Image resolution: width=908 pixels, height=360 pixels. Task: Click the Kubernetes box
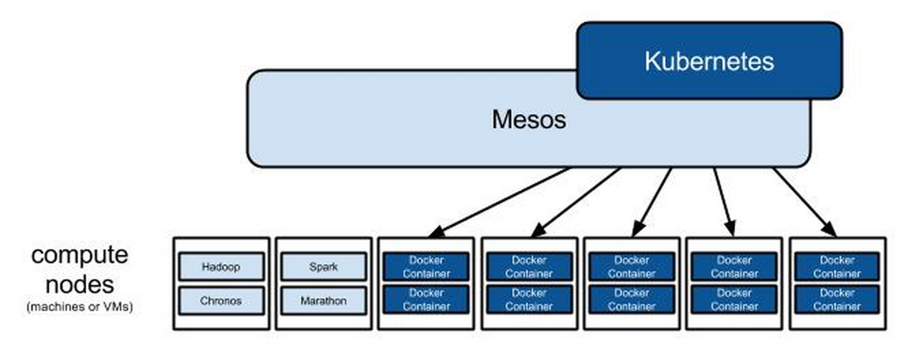709,61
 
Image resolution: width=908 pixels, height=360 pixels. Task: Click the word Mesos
528,120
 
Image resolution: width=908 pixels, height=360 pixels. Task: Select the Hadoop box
222,267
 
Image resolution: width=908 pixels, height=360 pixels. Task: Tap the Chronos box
222,300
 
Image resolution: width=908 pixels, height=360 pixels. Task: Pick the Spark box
323,267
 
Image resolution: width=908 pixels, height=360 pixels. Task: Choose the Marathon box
323,300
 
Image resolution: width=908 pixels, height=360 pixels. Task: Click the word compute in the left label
80,256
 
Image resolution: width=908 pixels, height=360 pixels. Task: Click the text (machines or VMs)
80,307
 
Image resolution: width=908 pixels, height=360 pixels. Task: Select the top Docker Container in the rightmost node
836,267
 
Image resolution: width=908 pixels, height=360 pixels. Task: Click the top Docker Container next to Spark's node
426,267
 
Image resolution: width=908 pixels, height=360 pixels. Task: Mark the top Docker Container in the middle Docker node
631,267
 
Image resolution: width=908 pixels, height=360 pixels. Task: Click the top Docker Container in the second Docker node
529,267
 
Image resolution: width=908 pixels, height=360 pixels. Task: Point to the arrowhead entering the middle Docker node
637,231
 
